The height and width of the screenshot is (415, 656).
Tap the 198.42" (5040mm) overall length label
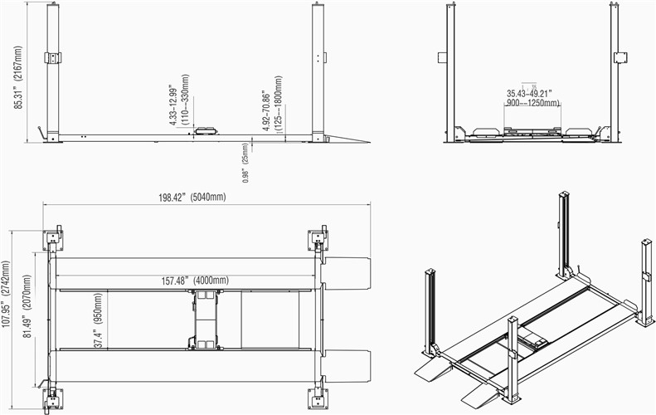pyautogui.click(x=192, y=198)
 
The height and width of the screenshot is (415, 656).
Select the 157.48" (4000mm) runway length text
pyautogui.click(x=195, y=281)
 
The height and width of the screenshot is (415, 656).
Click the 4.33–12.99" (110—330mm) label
pyautogui.click(x=178, y=104)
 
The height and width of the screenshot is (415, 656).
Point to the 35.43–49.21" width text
pyautogui.click(x=532, y=93)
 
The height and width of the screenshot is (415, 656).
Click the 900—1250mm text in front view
pyautogui.click(x=532, y=103)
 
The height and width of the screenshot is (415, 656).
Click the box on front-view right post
pyautogui.click(x=620, y=57)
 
